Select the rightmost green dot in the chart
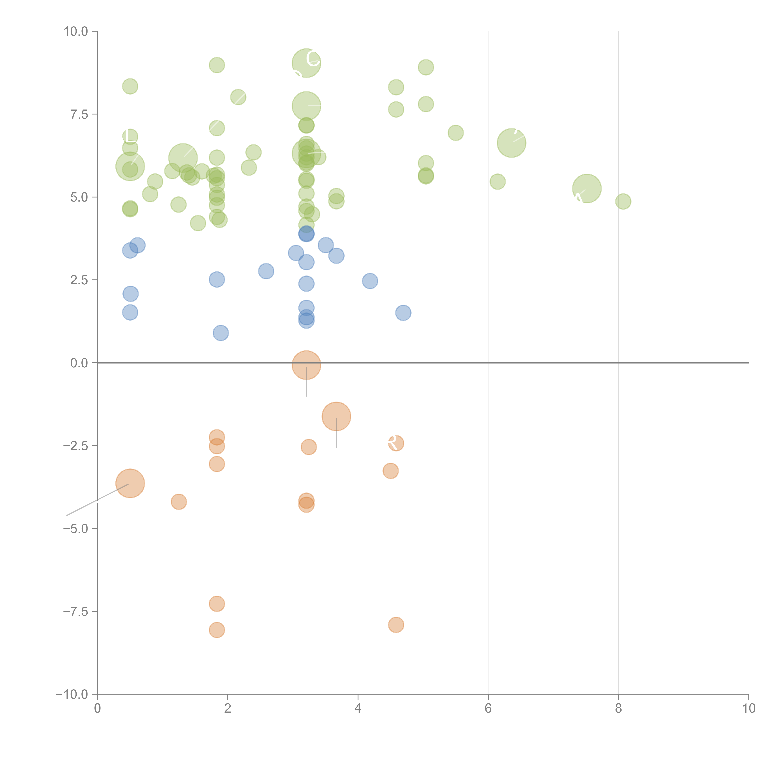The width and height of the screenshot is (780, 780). [x=623, y=201]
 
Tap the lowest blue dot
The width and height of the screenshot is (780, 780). [x=220, y=333]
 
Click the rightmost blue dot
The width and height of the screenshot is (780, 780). [x=403, y=312]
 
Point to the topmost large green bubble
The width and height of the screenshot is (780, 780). [x=306, y=63]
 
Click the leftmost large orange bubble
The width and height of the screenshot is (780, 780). [x=130, y=483]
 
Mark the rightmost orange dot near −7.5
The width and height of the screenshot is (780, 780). [x=396, y=625]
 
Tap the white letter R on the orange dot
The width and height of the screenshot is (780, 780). [x=392, y=443]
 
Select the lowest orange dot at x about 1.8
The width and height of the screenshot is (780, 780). [x=217, y=630]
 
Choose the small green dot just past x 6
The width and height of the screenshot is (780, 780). [x=497, y=182]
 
